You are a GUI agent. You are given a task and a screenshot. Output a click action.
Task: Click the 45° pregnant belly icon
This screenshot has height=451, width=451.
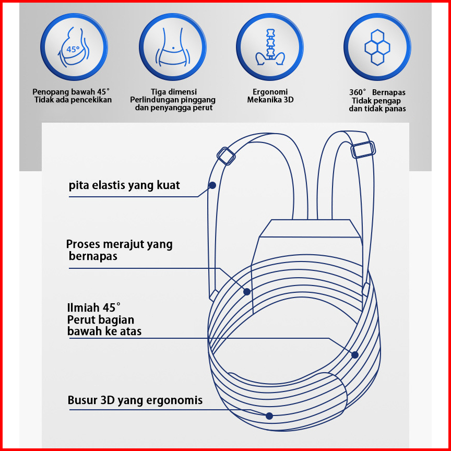pyautogui.click(x=74, y=46)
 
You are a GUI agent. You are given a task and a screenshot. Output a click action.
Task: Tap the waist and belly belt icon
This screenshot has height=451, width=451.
pyautogui.click(x=172, y=46)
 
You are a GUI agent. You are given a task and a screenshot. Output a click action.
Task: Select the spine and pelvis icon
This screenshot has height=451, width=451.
pyautogui.click(x=270, y=46)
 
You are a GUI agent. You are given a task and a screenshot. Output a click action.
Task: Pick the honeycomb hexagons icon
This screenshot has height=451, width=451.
pyautogui.click(x=377, y=46)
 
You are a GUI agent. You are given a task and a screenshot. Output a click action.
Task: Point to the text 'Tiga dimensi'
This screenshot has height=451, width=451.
pyautogui.click(x=174, y=91)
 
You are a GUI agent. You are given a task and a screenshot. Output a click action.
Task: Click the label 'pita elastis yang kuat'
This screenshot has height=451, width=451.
pyautogui.click(x=124, y=185)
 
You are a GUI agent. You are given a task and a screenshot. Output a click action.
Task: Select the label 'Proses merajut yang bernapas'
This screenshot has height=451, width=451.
pyautogui.click(x=119, y=250)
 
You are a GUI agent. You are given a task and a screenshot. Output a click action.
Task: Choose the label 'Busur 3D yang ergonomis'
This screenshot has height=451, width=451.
pyautogui.click(x=135, y=401)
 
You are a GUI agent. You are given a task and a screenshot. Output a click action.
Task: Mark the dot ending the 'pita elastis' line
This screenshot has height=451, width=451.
pyautogui.click(x=212, y=185)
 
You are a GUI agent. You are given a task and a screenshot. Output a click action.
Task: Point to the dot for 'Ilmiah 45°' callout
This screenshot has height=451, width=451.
pyautogui.click(x=355, y=355)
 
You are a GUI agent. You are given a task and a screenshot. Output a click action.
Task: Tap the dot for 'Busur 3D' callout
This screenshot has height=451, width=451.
pyautogui.click(x=269, y=416)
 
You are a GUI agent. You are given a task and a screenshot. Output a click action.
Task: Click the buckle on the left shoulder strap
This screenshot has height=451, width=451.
pyautogui.click(x=226, y=156)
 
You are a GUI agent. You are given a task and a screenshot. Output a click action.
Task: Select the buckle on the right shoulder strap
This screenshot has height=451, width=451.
pyautogui.click(x=363, y=149)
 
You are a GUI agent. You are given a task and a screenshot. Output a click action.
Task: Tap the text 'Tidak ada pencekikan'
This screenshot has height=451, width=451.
pyautogui.click(x=73, y=100)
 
